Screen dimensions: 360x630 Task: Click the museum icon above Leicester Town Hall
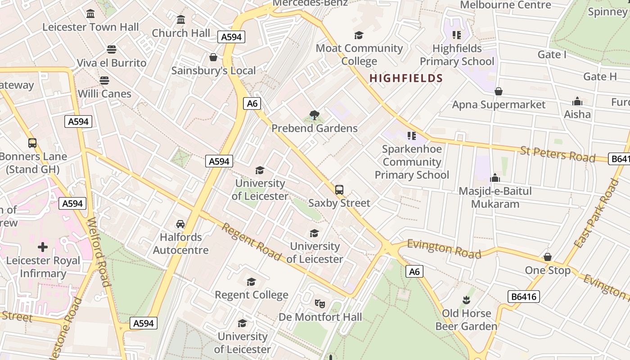pos(90,13)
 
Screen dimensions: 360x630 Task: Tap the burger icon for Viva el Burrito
pos(112,49)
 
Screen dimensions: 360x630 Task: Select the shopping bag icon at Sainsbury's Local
pos(213,57)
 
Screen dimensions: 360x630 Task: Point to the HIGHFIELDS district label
pos(406,78)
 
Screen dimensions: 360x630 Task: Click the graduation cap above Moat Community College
pos(359,35)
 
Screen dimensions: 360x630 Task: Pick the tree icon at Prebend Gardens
pos(315,115)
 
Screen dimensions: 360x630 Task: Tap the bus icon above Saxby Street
pos(339,190)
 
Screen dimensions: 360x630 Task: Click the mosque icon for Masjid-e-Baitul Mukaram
pos(495,178)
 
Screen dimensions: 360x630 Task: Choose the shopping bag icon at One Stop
pos(548,257)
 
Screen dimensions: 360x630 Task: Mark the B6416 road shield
pos(523,297)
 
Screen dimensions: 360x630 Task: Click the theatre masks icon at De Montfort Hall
pos(320,303)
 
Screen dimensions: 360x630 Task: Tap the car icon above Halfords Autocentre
pos(180,224)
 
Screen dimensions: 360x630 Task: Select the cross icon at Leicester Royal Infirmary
pos(43,247)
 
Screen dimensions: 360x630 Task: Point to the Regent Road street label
pos(251,242)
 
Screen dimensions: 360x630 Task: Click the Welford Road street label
pos(98,252)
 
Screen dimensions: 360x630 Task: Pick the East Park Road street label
pos(597,213)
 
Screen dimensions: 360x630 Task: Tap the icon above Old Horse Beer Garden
pos(466,300)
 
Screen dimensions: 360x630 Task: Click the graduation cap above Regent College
pos(251,282)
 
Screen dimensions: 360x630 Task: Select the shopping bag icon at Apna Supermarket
pos(499,91)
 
